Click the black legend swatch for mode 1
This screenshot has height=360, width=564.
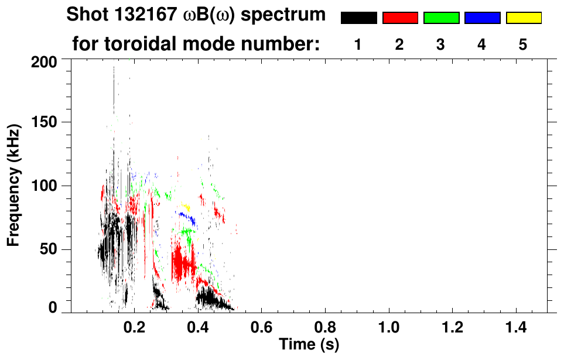(x=358, y=18)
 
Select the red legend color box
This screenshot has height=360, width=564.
(x=399, y=18)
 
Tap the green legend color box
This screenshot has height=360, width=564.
(x=440, y=18)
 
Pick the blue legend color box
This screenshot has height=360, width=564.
(x=482, y=18)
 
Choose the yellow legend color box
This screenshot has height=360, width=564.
(x=523, y=18)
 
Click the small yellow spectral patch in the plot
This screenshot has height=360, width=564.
(x=186, y=207)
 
